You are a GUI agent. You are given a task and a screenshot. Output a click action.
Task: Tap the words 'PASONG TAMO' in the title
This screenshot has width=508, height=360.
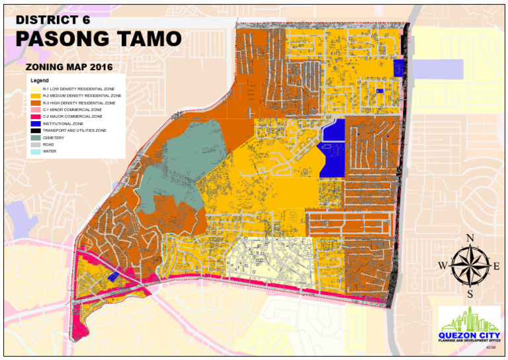98,40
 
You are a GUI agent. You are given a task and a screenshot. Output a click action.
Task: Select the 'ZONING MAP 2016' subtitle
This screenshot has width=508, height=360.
68,67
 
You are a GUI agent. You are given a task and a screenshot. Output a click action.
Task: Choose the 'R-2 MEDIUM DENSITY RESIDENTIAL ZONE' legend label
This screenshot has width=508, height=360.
81,96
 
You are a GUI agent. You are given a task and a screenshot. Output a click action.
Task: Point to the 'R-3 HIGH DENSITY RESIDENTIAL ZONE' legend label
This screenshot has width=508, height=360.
79,103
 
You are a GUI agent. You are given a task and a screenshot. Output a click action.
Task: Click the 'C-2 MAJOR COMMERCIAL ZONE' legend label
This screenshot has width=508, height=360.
72,116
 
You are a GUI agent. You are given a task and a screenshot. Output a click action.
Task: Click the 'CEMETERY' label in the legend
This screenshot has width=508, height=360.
53,138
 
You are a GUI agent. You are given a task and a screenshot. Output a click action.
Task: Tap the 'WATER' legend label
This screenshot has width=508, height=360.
49,152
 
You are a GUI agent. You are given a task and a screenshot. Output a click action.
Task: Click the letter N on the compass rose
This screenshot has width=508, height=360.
470,239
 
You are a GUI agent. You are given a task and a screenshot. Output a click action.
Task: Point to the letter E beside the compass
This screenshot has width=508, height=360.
497,266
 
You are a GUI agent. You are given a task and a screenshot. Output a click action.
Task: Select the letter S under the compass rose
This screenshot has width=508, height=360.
470,294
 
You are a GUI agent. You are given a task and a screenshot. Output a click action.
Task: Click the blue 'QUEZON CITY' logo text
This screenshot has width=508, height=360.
470,334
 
